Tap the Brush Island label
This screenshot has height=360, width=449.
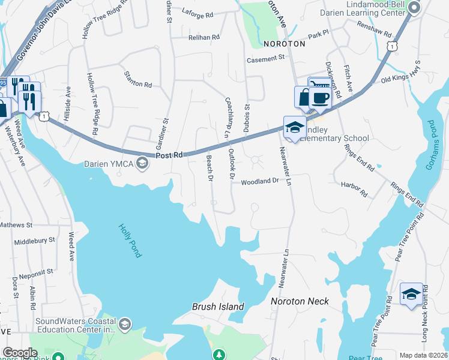pos(218,307)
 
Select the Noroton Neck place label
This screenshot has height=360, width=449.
pos(300,301)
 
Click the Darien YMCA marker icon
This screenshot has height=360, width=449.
pos(142,163)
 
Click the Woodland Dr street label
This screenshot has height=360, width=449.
pos(261,181)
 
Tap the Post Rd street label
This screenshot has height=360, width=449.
pos(169,155)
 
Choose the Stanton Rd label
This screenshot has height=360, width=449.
pos(137,80)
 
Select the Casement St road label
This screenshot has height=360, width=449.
pos(266,59)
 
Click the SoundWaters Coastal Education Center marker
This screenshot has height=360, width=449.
pos(125,325)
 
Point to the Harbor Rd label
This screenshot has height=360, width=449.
pos(354,189)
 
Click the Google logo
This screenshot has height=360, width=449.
pos(20,353)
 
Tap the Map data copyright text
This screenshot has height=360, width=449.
pos(424,355)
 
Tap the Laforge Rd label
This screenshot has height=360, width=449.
pos(197,14)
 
